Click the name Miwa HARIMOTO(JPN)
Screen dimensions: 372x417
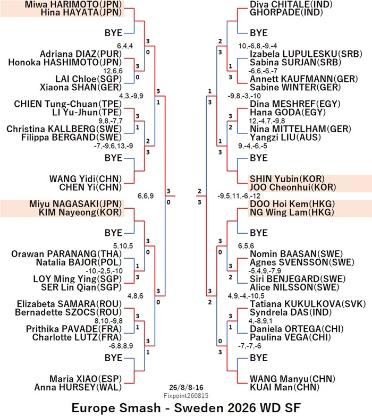(73, 4)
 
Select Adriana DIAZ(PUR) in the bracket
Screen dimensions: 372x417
(81, 54)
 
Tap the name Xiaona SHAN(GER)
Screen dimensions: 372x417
(81, 87)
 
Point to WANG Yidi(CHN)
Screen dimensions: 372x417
(86, 178)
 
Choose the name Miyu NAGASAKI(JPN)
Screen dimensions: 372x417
(75, 204)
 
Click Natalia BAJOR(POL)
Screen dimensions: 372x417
(79, 262)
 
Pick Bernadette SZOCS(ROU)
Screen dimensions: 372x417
(69, 312)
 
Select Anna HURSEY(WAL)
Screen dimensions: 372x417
(78, 387)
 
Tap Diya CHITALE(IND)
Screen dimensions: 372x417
(291, 4)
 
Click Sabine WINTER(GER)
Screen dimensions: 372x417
(295, 87)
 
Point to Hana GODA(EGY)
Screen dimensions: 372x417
(288, 112)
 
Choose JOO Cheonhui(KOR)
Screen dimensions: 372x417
(293, 187)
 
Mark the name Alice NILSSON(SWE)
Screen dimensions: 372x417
(294, 287)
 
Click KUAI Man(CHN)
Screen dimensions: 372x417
(284, 387)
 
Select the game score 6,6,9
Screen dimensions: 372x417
(146, 196)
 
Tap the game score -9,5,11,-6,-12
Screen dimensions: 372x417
(239, 196)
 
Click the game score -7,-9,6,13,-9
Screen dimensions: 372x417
(114, 146)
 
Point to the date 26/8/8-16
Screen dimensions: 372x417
(186, 387)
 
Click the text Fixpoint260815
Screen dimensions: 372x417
(186, 396)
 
